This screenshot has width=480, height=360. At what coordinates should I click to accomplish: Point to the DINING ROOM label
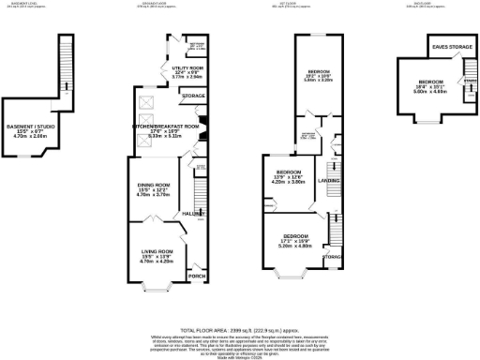[x=152, y=185]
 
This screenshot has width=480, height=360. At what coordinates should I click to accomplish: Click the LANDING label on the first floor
[x=329, y=180]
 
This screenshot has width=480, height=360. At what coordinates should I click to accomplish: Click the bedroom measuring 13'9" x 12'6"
[x=290, y=172]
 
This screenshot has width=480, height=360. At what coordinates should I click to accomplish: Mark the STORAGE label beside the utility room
[x=192, y=96]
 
